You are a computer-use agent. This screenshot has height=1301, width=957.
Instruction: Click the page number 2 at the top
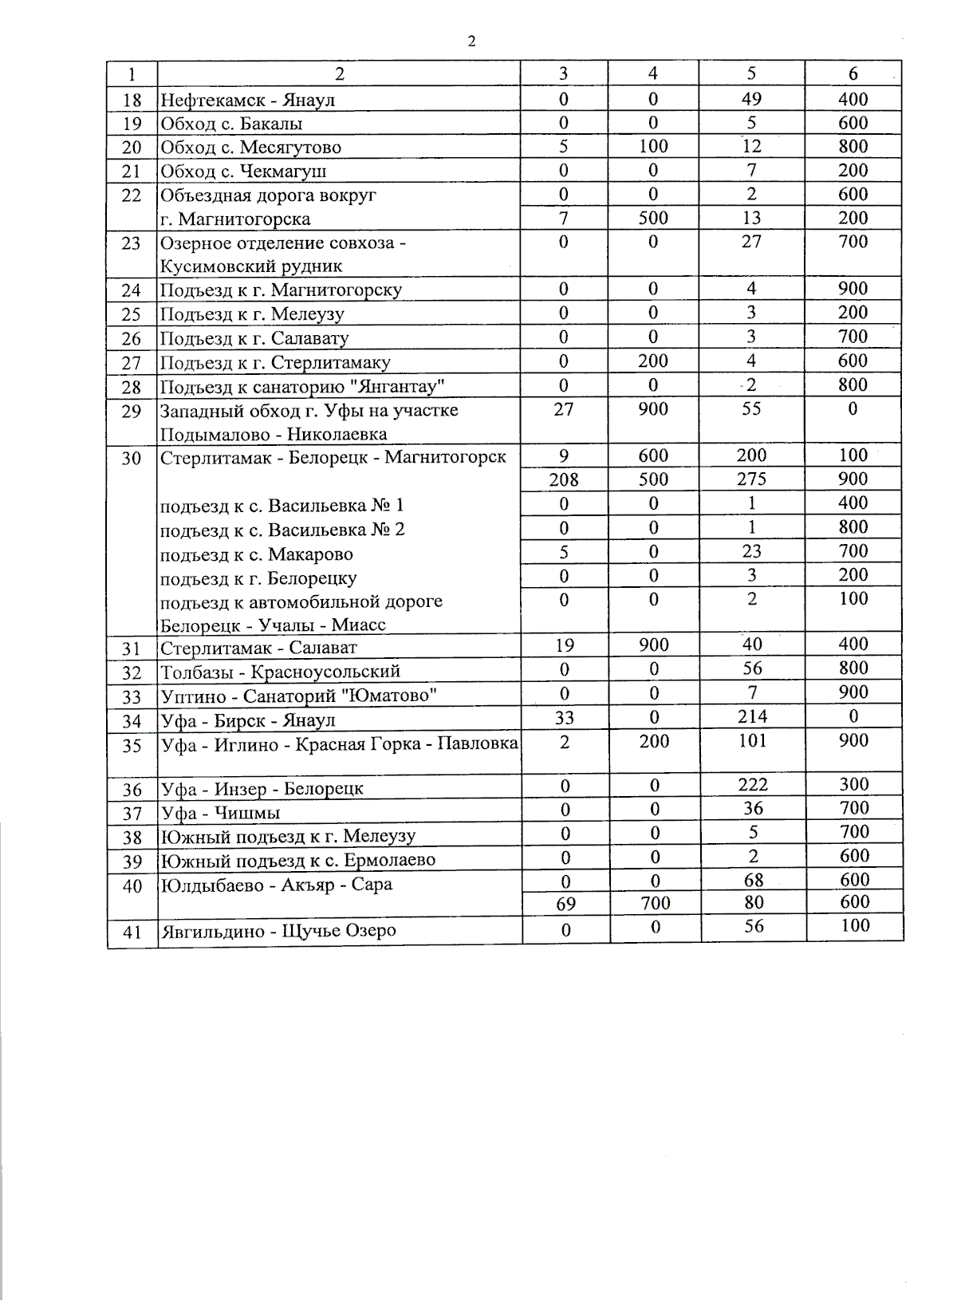pyautogui.click(x=471, y=41)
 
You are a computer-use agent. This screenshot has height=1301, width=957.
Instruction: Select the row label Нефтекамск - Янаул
pyautogui.click(x=247, y=101)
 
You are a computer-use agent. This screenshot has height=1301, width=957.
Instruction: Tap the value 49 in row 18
pyautogui.click(x=751, y=99)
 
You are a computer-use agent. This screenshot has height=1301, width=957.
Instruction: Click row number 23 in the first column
pyautogui.click(x=132, y=243)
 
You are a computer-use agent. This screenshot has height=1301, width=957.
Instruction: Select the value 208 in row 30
pyautogui.click(x=564, y=479)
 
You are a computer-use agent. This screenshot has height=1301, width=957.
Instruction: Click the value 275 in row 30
pyautogui.click(x=751, y=479)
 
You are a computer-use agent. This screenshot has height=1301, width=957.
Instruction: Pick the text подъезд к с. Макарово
pyautogui.click(x=256, y=554)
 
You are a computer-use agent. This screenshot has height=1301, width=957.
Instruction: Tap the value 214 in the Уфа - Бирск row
pyautogui.click(x=752, y=716)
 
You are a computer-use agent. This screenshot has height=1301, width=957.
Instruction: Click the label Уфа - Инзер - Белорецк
pyautogui.click(x=262, y=789)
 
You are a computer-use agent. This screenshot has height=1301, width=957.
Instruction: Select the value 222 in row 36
pyautogui.click(x=753, y=785)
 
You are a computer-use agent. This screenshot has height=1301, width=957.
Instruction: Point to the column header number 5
pyautogui.click(x=751, y=74)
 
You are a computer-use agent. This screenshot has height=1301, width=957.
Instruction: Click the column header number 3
pyautogui.click(x=564, y=74)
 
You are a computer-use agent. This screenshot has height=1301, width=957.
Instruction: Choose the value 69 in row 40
pyautogui.click(x=565, y=904)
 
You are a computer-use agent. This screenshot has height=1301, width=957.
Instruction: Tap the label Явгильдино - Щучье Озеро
pyautogui.click(x=278, y=931)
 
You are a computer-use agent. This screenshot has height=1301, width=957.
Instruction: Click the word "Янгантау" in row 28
pyautogui.click(x=402, y=387)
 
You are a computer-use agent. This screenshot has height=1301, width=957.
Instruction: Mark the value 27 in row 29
pyautogui.click(x=563, y=409)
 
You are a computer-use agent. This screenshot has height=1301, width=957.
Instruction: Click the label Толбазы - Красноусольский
pyautogui.click(x=280, y=672)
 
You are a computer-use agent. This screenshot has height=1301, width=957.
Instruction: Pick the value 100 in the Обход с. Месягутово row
pyautogui.click(x=652, y=147)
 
